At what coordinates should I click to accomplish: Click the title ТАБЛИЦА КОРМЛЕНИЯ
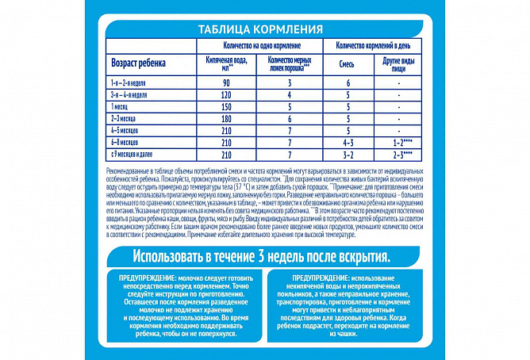tap(264, 29)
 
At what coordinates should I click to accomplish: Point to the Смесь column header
tap(347, 64)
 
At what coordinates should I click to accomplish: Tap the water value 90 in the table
tap(225, 82)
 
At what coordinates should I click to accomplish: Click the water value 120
tap(225, 94)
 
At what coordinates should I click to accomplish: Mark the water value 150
tap(225, 105)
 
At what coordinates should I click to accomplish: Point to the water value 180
tap(225, 117)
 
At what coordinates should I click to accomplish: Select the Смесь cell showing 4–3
tap(348, 140)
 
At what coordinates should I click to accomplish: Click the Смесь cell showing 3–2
tap(348, 151)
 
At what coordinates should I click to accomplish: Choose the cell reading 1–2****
tap(401, 140)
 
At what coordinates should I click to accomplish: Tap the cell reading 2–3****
tap(401, 151)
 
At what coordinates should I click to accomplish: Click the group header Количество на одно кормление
tap(256, 46)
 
